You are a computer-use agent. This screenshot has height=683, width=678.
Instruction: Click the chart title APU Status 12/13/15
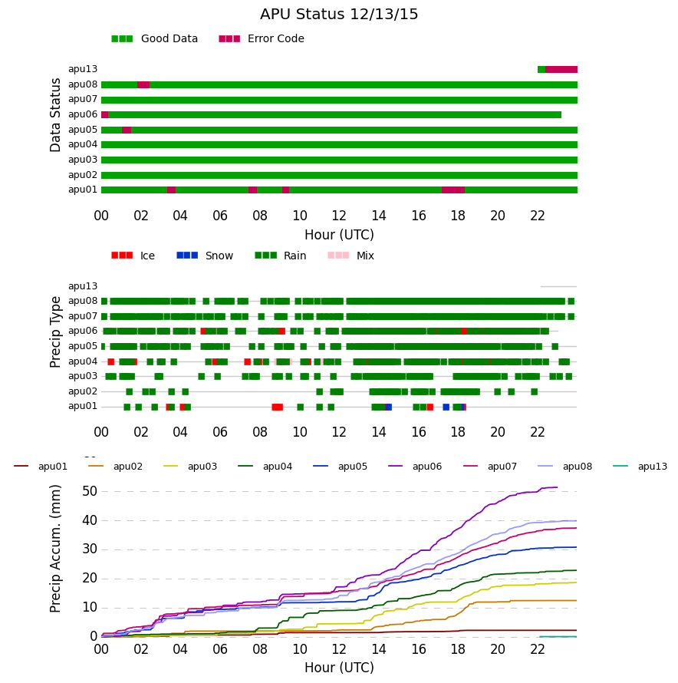339,15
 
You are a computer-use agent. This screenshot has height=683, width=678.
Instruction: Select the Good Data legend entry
155,39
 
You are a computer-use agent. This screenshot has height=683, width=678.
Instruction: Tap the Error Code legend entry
262,39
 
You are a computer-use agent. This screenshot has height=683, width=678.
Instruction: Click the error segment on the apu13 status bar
561,69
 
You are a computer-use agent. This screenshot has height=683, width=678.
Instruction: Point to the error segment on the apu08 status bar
143,84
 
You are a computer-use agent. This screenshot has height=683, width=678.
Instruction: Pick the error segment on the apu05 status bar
127,130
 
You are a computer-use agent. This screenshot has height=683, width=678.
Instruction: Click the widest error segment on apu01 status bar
453,190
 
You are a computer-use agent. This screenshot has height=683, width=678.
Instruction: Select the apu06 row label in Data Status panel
83,114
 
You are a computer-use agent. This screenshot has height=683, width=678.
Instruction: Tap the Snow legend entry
205,256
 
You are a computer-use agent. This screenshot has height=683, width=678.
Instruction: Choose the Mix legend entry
351,256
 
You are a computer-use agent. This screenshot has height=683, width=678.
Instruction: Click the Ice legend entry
133,256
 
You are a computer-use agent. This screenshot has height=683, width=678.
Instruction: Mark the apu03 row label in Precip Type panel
83,376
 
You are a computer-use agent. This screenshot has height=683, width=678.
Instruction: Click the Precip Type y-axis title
55,332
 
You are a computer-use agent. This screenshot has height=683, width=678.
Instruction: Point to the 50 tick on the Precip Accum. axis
90,491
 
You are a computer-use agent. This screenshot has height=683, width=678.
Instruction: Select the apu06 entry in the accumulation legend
415,467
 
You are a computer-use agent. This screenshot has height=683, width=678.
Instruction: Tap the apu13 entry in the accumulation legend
640,467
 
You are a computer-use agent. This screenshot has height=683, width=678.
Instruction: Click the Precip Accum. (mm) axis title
55,549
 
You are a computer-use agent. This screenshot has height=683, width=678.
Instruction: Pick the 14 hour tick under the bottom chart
379,649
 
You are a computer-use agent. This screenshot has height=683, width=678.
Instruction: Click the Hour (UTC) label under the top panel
339,235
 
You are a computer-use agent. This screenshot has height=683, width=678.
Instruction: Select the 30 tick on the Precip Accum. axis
90,549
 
